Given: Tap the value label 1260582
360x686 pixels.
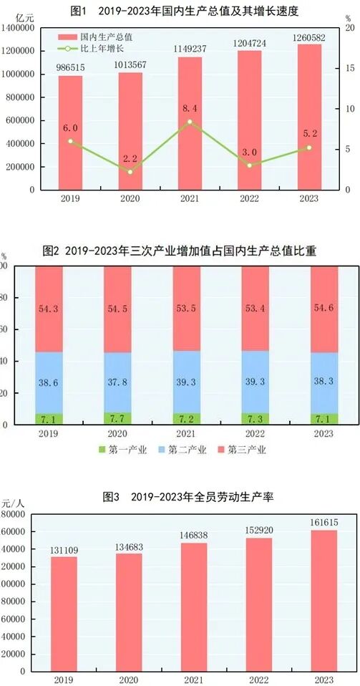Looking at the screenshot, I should pyautogui.click(x=309, y=37).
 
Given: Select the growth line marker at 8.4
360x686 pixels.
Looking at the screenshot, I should pyautogui.click(x=190, y=122).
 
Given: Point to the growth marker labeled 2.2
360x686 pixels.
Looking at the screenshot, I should pyautogui.click(x=130, y=172).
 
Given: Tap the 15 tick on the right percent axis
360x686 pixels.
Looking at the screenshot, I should pyautogui.click(x=348, y=68).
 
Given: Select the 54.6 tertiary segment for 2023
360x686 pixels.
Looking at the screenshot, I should pyautogui.click(x=309, y=308).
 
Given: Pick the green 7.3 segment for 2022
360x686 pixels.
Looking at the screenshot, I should pyautogui.click(x=250, y=418).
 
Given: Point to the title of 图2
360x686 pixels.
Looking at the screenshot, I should pyautogui.click(x=180, y=251).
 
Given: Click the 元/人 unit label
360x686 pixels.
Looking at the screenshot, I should pyautogui.click(x=14, y=502).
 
